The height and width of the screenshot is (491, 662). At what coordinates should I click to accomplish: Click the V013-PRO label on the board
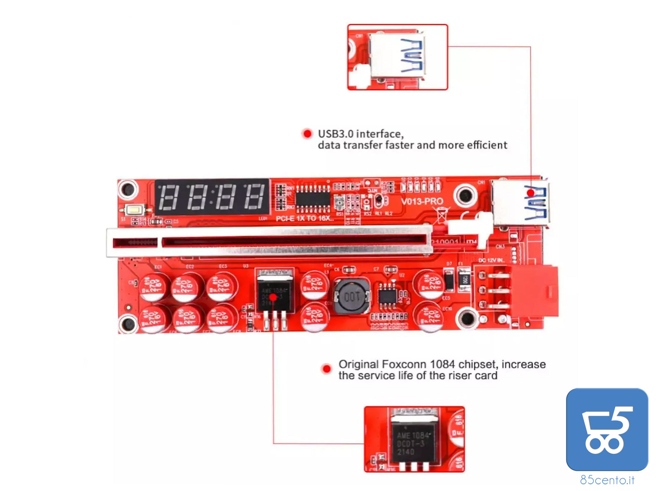point(422,202)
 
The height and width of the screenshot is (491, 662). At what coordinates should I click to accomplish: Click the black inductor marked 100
point(352,296)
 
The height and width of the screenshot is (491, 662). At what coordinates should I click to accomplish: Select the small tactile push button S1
point(134,210)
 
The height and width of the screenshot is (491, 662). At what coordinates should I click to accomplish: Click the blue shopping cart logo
point(607,429)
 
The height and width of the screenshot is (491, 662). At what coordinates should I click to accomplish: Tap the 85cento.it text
point(607,480)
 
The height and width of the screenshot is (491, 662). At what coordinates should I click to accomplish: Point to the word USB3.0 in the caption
point(335,134)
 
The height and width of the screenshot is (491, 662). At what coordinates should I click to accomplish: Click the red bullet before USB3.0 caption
point(307,134)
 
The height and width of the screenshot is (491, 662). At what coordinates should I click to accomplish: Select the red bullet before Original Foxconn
point(326,368)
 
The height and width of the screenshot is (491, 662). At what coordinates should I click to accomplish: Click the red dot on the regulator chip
point(273,297)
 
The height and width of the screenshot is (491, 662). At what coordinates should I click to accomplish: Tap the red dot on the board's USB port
point(530,193)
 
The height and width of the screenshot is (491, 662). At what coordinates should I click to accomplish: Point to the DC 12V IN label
point(491,260)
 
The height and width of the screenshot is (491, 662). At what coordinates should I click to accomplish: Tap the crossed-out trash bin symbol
point(441,215)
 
